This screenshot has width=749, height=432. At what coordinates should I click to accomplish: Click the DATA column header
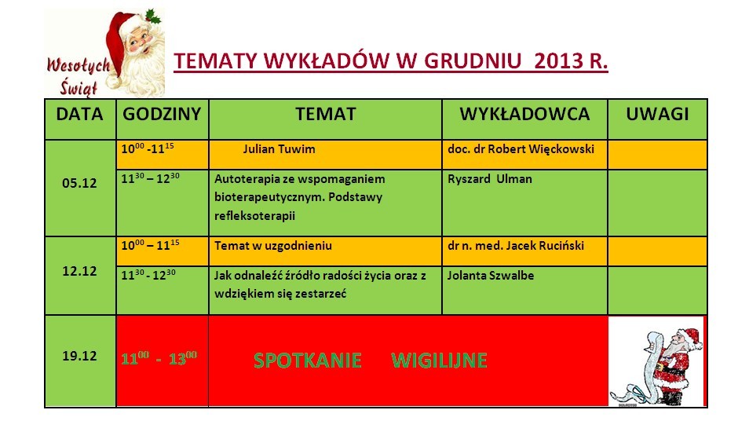point(79,114)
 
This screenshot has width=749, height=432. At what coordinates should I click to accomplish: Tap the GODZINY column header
point(162,114)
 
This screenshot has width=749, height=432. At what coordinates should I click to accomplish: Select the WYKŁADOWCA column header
point(524,114)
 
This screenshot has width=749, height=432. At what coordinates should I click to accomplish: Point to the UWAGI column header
point(657,114)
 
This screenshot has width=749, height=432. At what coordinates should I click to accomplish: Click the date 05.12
point(79,183)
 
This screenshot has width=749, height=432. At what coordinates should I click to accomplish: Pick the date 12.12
point(79,271)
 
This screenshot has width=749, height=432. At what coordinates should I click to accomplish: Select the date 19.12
point(79,356)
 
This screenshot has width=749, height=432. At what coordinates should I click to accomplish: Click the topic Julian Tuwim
point(279,149)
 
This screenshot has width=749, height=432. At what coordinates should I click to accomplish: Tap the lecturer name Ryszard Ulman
point(490,179)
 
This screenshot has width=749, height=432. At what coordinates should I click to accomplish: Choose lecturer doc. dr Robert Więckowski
point(521,149)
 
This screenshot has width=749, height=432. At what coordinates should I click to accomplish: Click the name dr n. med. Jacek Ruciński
point(515,246)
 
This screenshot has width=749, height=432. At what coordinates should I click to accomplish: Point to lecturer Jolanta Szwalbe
point(491,276)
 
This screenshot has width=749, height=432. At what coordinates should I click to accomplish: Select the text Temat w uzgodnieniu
point(272,246)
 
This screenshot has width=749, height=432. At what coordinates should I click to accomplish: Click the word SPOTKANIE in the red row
point(307,361)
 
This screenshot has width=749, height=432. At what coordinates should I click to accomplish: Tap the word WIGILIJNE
point(439,361)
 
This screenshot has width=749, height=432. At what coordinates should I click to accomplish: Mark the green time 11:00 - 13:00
point(159,358)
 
